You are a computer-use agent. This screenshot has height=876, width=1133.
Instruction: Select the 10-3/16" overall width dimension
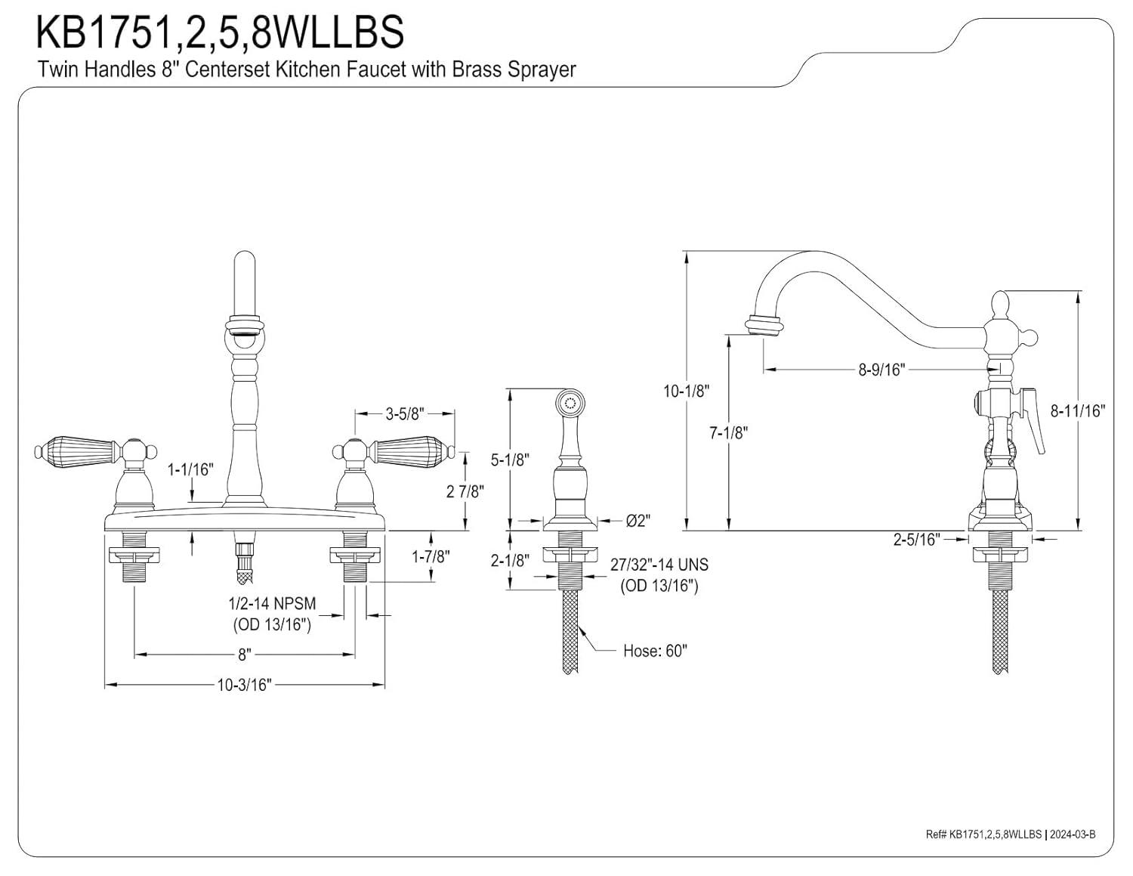[244, 685]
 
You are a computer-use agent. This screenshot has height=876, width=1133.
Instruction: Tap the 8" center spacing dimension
[244, 654]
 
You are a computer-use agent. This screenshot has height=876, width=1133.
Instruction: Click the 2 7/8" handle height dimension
[465, 491]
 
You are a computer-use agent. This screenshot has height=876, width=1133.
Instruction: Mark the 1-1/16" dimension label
[190, 469]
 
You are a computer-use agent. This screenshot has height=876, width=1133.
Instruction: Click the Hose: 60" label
[655, 651]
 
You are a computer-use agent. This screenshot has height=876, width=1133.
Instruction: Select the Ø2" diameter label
[638, 521]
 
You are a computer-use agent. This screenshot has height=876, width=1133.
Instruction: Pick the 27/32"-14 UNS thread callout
[659, 565]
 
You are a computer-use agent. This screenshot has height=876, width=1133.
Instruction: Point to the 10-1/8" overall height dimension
[687, 391]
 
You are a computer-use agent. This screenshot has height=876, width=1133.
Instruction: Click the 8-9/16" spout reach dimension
[881, 369]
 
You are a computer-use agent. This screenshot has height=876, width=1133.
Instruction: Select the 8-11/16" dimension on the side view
[1078, 410]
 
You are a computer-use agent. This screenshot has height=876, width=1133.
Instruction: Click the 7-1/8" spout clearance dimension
[728, 433]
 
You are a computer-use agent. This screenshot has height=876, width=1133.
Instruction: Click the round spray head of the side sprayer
[570, 400]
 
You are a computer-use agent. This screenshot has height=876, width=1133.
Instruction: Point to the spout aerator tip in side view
[762, 325]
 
